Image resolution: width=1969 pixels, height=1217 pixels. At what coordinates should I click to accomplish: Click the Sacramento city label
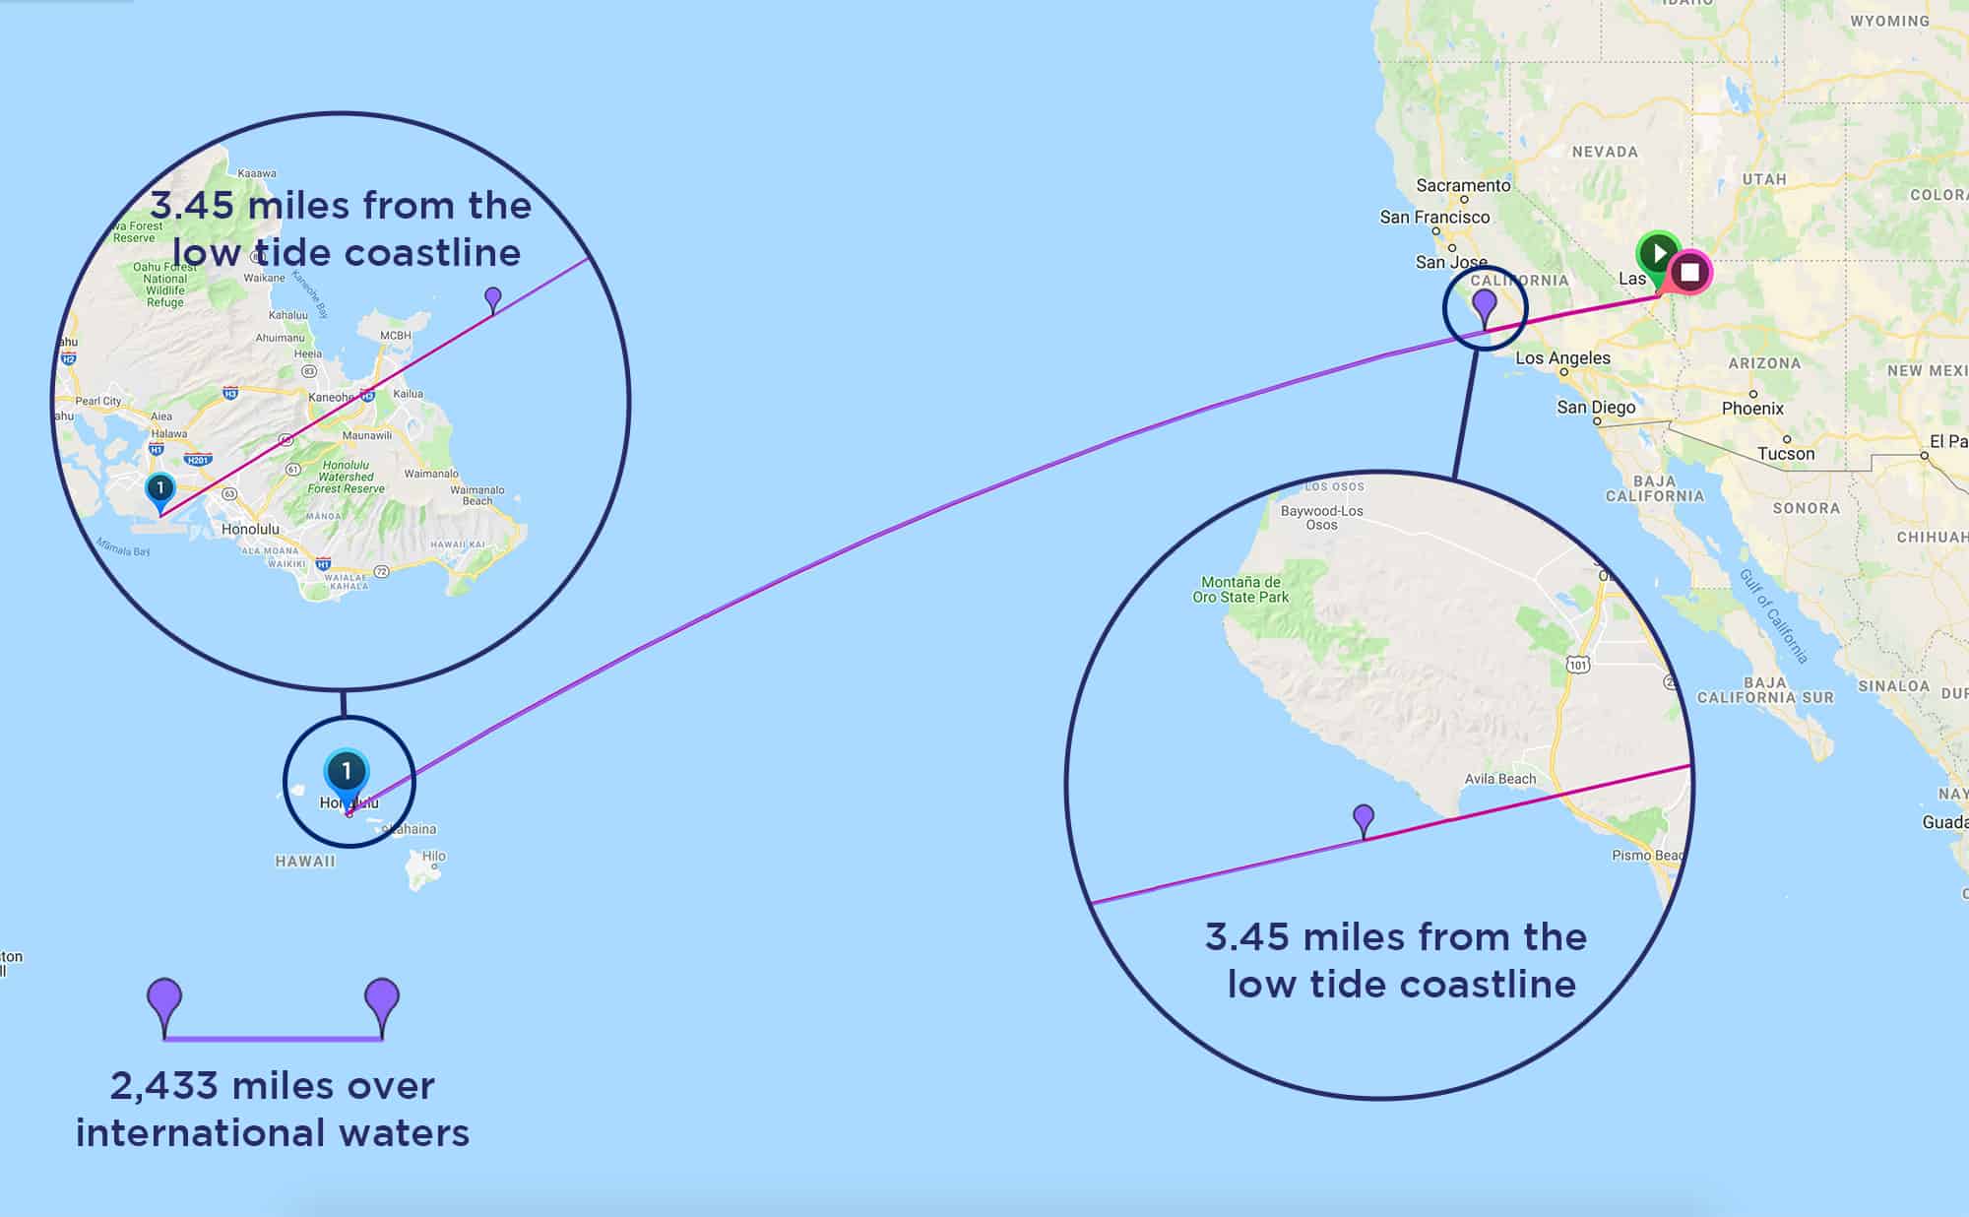coord(1463,185)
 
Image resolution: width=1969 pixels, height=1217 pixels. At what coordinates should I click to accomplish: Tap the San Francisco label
coord(1434,217)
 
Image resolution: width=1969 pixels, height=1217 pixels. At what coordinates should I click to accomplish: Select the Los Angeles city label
coord(1562,357)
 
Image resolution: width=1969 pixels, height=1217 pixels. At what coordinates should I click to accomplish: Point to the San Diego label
coord(1596,407)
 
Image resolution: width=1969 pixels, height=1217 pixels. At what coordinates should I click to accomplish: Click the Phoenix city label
coord(1752,408)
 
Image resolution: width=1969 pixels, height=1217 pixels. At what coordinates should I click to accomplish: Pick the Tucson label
coord(1786,453)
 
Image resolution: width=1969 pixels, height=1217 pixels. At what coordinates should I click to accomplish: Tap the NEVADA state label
coord(1605,152)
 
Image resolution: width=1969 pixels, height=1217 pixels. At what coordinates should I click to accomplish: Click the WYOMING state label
coord(1889,21)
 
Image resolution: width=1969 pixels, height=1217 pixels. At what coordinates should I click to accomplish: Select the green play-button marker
coord(1659,254)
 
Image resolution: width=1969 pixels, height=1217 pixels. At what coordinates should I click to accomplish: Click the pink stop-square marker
coord(1690,272)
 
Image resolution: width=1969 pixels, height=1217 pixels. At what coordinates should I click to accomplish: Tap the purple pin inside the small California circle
coord(1484,305)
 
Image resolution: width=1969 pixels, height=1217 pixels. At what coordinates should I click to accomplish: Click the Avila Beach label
coord(1499,779)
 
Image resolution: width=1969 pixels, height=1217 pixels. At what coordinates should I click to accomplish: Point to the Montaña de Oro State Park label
coord(1240,589)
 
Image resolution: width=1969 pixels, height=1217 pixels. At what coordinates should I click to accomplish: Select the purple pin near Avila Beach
coord(1364,817)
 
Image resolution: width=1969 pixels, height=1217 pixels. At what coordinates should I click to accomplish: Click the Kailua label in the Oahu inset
coord(408,394)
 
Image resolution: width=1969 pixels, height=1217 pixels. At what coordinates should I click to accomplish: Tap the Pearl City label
coord(98,401)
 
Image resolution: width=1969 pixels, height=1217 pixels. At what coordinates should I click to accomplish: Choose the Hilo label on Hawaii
coord(433,856)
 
